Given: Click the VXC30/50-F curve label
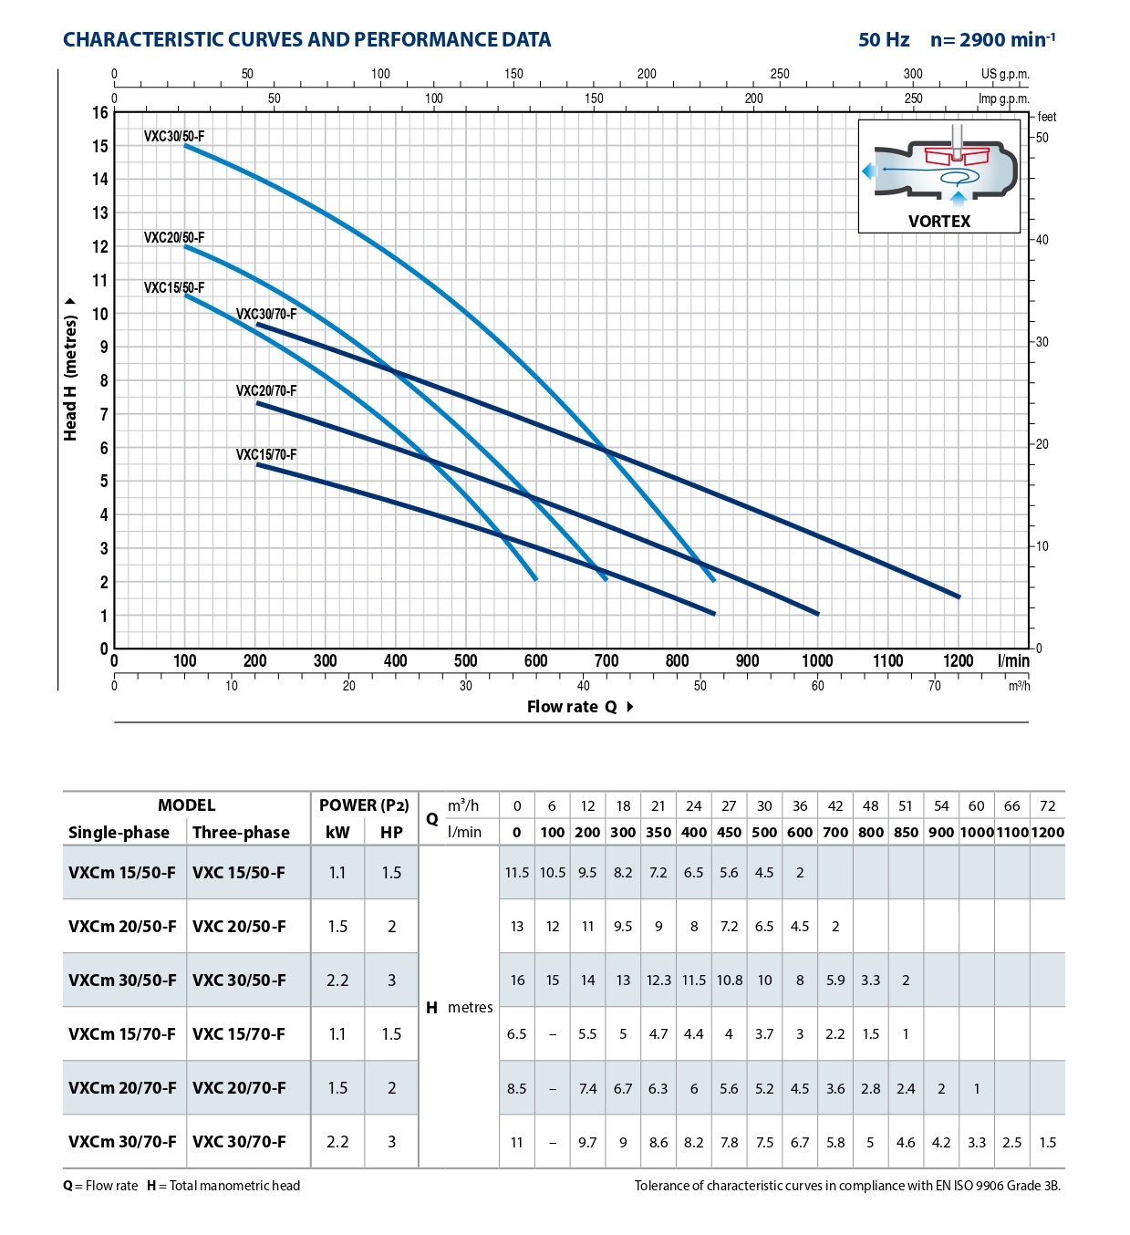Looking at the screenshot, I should (x=174, y=137).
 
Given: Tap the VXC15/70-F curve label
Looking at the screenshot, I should (x=266, y=454).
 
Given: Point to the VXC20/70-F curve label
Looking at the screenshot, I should (x=266, y=390).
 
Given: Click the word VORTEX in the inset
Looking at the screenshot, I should (x=939, y=222).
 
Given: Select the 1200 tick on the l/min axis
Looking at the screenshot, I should (x=959, y=660).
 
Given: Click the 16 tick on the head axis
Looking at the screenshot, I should (x=100, y=113).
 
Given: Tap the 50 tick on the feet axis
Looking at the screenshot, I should (x=1042, y=138).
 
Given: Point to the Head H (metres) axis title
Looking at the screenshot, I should (x=70, y=369).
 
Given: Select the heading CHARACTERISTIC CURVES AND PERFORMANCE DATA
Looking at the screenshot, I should (x=306, y=40).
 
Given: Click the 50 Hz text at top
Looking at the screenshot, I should (x=884, y=40).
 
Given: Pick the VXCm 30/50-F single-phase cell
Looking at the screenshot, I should (x=122, y=981).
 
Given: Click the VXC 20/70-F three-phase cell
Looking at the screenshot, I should (x=239, y=1088).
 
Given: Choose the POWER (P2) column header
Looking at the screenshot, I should (x=364, y=805).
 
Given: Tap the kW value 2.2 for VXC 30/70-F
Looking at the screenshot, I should (x=337, y=1142).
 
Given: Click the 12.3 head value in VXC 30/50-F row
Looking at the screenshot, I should (x=658, y=981).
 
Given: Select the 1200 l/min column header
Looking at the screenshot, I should (x=1048, y=832).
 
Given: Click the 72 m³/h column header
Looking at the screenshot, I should (x=1048, y=805).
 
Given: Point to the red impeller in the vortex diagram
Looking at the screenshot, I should (x=957, y=155).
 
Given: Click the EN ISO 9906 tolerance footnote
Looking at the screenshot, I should (x=847, y=1186).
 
